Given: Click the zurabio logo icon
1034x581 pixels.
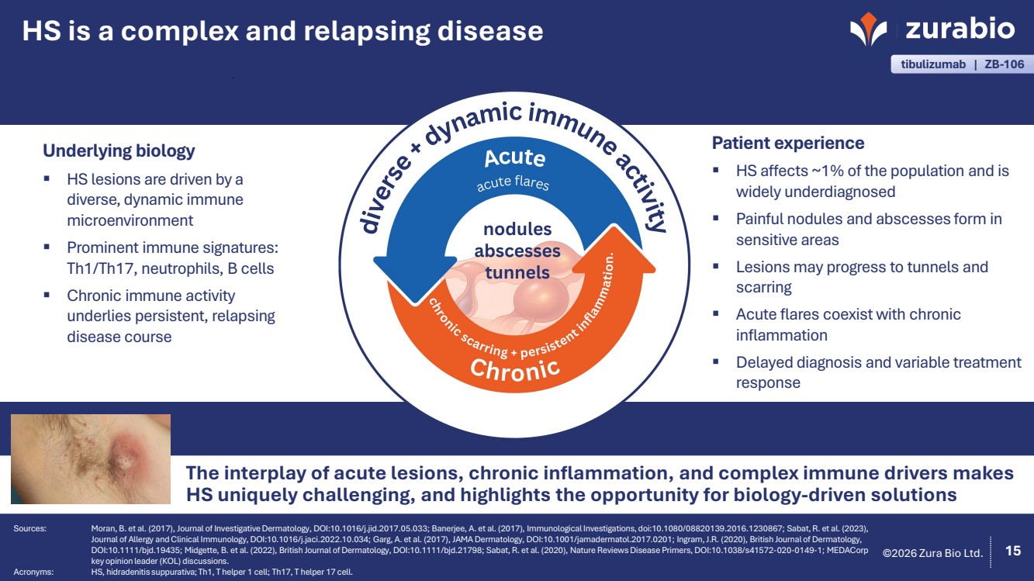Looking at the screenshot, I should click(868, 30).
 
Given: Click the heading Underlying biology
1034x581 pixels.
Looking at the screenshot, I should click(119, 150).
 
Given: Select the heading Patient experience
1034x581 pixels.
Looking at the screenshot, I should click(788, 144).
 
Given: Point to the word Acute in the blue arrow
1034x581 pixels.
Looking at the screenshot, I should click(514, 157).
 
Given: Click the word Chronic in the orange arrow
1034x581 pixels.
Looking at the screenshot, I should click(514, 368).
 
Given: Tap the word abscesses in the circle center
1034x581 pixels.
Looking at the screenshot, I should click(517, 251).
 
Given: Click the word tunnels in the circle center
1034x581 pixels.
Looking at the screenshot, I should click(517, 272).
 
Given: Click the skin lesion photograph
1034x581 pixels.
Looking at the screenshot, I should click(91, 458).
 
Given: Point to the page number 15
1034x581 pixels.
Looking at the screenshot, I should click(1012, 552).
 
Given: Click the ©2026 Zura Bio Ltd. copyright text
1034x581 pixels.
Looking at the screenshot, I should click(933, 553).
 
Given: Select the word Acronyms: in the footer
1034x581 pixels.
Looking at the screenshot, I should click(33, 572).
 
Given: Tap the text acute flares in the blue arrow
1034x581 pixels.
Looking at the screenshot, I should click(512, 184).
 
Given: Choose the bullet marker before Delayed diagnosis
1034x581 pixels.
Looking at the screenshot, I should click(718, 361).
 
